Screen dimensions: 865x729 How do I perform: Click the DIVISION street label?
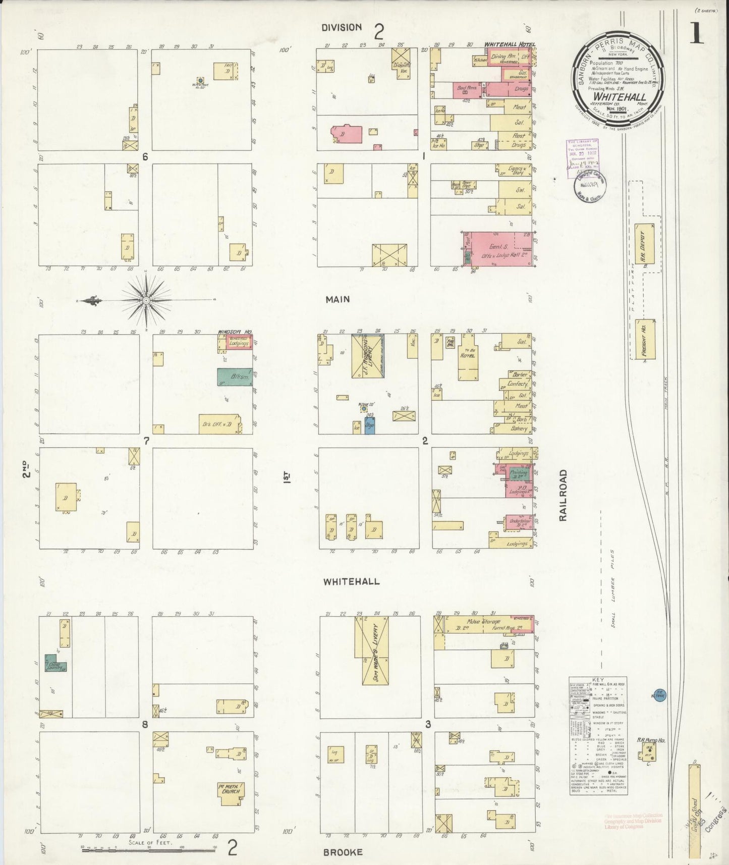342,28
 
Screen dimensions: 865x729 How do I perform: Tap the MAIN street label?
338,299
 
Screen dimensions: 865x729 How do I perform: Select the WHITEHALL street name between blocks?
351,581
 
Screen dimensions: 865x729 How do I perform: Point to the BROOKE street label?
343,852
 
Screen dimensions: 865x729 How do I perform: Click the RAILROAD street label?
564,495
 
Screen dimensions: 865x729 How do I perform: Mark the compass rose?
146,301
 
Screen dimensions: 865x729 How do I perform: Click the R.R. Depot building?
645,244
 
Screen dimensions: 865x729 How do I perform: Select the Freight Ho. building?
645,339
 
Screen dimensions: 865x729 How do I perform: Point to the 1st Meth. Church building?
231,789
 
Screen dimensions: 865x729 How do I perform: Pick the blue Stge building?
370,426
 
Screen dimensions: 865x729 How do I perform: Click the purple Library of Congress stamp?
582,158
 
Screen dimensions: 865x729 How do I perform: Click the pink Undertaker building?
519,522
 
